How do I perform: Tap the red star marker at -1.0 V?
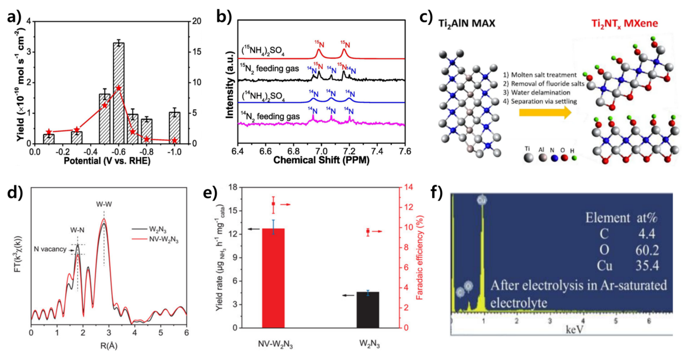[175, 141]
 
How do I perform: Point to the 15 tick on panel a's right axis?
[197, 52]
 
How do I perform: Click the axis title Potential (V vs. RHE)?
[107, 161]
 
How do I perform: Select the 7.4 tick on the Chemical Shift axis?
[377, 152]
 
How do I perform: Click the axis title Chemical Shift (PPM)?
[321, 160]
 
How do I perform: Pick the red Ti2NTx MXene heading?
[624, 23]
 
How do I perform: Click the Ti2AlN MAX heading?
[467, 23]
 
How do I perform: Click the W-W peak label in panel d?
[104, 204]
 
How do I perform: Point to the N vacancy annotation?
[50, 249]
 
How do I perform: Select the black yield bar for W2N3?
[368, 310]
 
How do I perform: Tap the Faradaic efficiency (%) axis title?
[420, 257]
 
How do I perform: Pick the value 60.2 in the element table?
[647, 250]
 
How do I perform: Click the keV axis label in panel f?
[575, 329]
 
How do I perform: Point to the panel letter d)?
[15, 192]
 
